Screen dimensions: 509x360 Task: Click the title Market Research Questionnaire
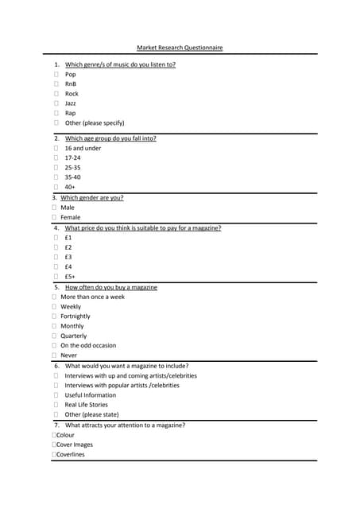point(180,48)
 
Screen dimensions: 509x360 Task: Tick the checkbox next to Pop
point(56,74)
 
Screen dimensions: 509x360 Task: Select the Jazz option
point(71,103)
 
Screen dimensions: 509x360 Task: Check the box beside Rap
point(56,113)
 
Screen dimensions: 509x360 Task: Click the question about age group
point(110,138)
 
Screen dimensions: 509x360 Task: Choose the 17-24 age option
point(72,157)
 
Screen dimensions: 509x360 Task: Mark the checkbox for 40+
point(56,187)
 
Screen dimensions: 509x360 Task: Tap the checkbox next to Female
point(53,217)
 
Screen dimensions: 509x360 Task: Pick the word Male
point(68,208)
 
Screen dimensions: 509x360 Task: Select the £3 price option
point(68,257)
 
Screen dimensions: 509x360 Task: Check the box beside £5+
point(56,277)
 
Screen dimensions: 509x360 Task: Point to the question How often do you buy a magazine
point(111,287)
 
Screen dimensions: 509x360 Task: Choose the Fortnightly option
point(75,317)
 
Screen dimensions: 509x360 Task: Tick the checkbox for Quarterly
point(53,336)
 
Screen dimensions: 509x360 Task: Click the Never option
point(69,356)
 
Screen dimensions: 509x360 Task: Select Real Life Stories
point(86,405)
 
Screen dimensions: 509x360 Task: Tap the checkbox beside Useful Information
point(56,395)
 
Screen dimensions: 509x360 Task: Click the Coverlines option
point(70,455)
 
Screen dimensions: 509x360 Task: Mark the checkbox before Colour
point(53,435)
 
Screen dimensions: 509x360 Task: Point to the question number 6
point(56,366)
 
